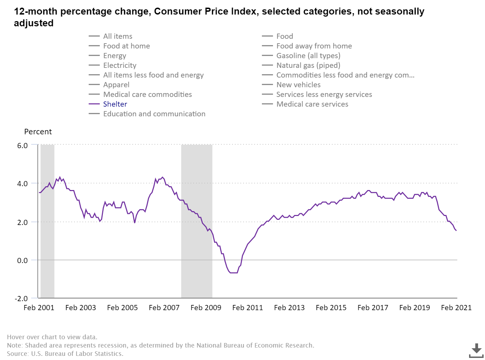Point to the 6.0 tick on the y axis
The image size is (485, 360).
[23, 145]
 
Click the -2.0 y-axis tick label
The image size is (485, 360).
[21, 298]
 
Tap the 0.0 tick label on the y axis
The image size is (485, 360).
[23, 260]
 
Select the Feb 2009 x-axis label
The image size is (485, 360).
[206, 308]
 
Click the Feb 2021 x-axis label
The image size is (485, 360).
[456, 308]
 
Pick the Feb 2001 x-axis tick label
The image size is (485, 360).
[39, 308]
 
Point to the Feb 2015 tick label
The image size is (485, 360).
[331, 308]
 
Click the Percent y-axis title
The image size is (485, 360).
[38, 132]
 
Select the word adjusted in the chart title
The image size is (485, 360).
[34, 23]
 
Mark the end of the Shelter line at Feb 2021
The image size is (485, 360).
[456, 231]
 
